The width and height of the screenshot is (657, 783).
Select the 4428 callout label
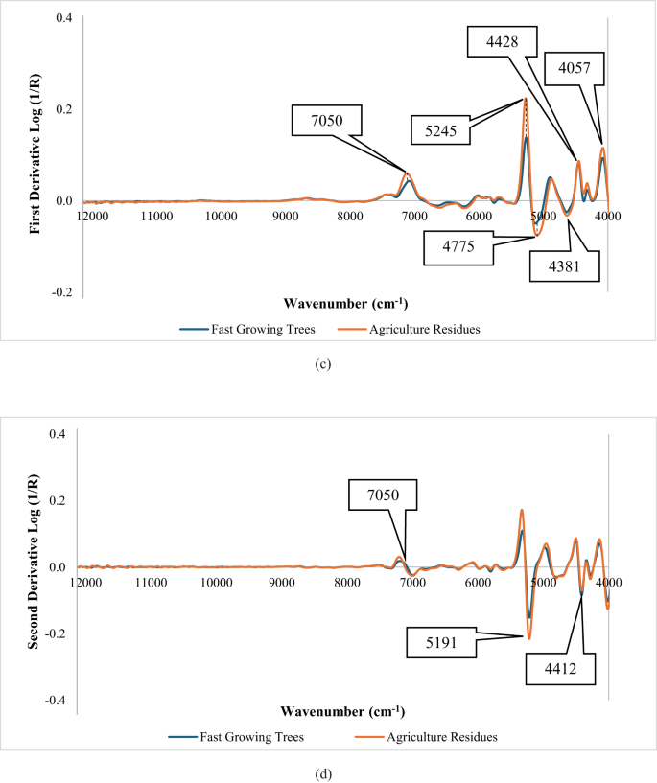[x=497, y=42]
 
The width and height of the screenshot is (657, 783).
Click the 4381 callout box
[x=562, y=267]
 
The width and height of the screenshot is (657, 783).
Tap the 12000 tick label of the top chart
[x=92, y=217]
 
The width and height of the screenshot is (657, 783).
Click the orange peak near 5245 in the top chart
[x=525, y=99]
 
